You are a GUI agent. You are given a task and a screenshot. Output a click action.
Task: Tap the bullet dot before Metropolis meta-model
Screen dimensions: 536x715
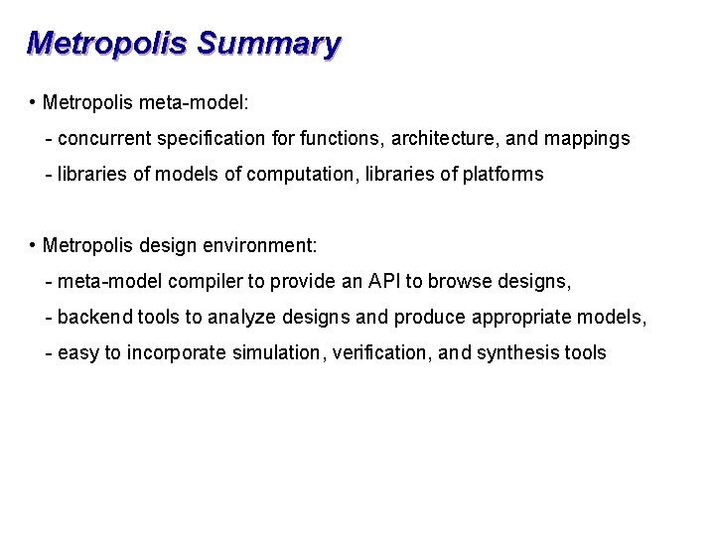33,103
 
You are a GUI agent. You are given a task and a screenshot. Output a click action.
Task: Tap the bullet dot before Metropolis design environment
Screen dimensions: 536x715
33,245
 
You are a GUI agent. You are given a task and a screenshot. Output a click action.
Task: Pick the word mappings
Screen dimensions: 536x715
586,139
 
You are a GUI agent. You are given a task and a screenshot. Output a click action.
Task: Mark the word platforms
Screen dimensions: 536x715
501,175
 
